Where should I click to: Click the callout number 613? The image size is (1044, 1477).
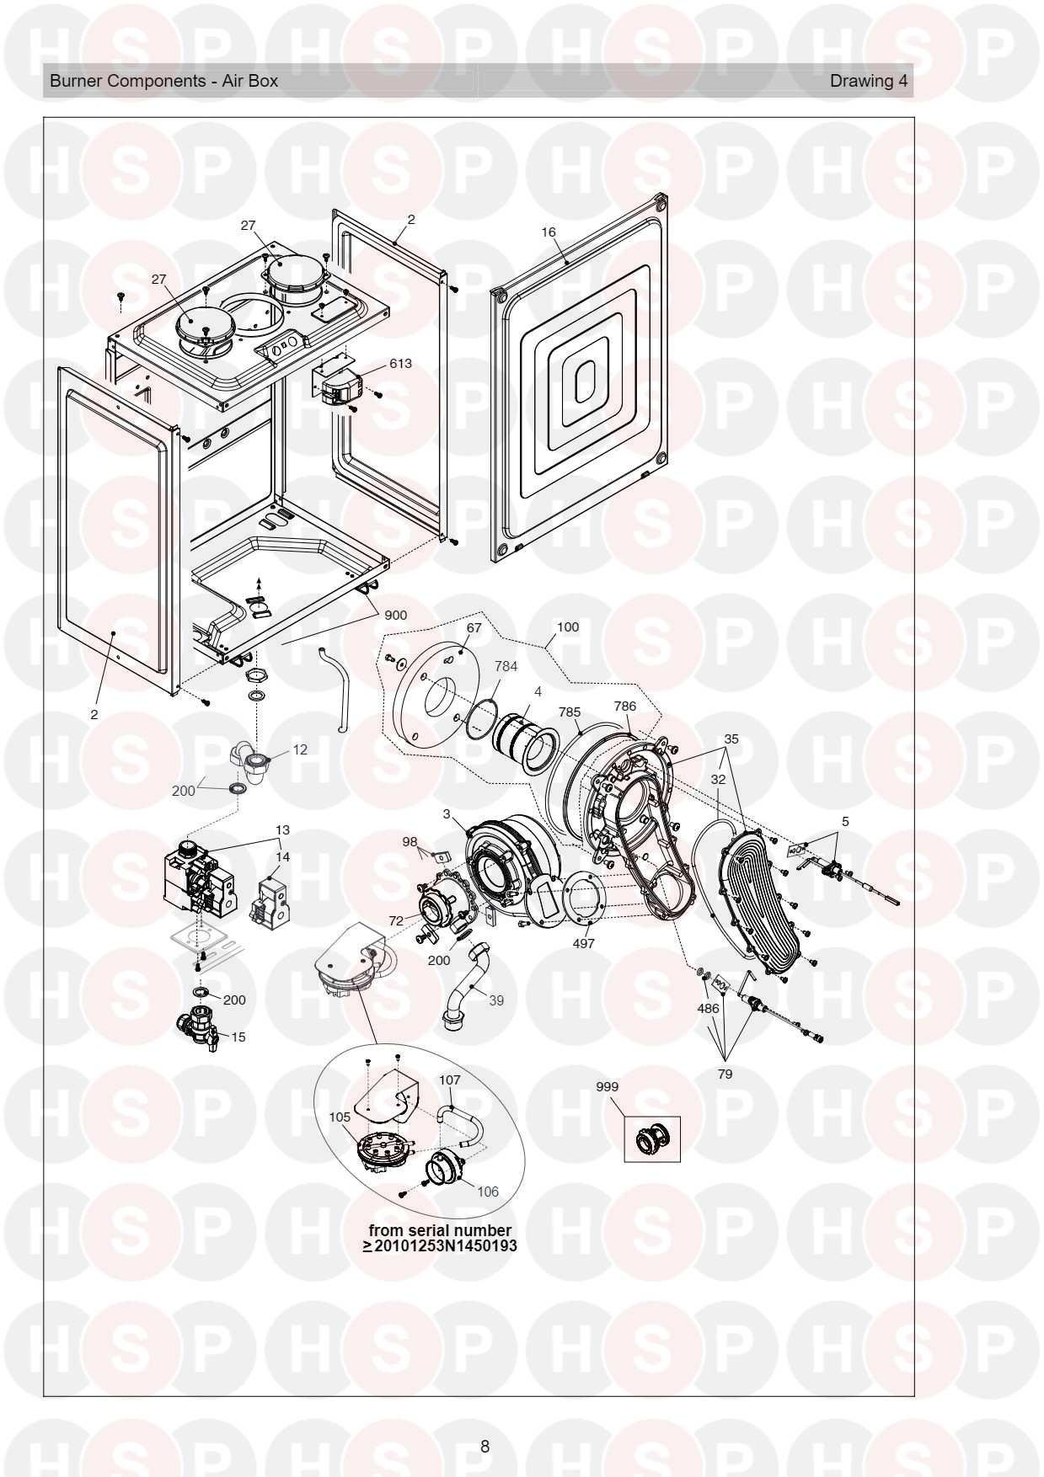click(x=400, y=364)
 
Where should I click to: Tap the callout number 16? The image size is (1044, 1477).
click(x=549, y=232)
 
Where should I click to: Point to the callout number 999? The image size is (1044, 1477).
click(x=607, y=1086)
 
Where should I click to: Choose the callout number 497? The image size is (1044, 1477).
click(x=583, y=943)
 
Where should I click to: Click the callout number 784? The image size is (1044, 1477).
click(x=506, y=665)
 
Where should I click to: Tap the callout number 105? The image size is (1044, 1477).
click(x=340, y=1117)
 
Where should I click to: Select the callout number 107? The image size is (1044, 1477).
click(x=450, y=1080)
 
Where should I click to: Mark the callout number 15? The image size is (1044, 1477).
click(x=238, y=1037)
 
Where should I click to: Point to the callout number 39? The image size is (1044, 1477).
click(x=496, y=1000)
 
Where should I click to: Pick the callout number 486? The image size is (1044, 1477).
click(x=708, y=1008)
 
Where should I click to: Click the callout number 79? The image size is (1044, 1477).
click(x=725, y=1074)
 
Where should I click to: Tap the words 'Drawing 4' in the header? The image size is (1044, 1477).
click(x=869, y=81)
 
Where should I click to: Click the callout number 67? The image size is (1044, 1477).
click(x=474, y=627)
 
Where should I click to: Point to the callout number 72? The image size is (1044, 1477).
click(x=396, y=921)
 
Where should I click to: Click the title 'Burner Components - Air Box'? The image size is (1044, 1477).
click(x=163, y=81)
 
